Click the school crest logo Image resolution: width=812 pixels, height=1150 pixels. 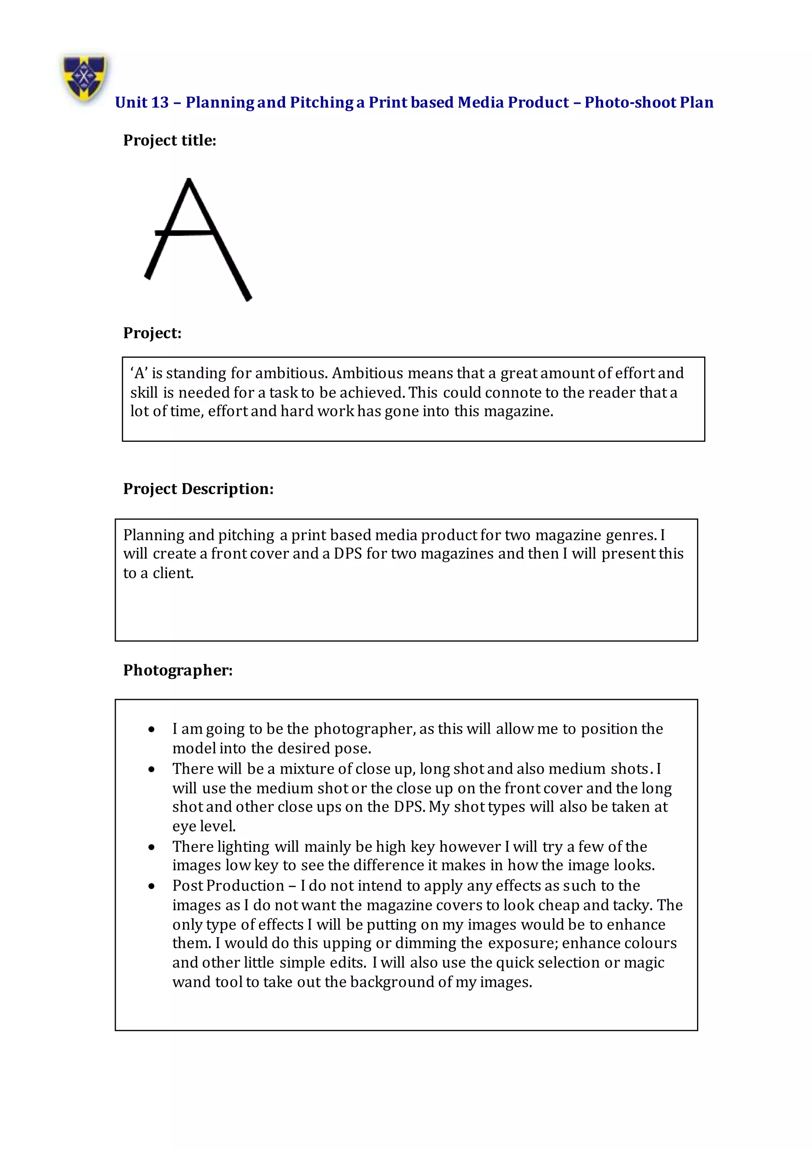point(84,77)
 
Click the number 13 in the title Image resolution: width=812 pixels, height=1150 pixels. point(159,103)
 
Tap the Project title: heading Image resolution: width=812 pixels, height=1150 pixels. point(169,141)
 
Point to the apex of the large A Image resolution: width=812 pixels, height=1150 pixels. point(189,180)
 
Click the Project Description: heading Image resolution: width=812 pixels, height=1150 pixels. point(198,489)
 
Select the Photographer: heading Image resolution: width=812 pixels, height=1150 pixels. point(178,670)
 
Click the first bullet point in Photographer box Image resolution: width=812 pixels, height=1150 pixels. point(152,730)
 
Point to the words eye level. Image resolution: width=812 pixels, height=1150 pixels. point(204,826)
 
